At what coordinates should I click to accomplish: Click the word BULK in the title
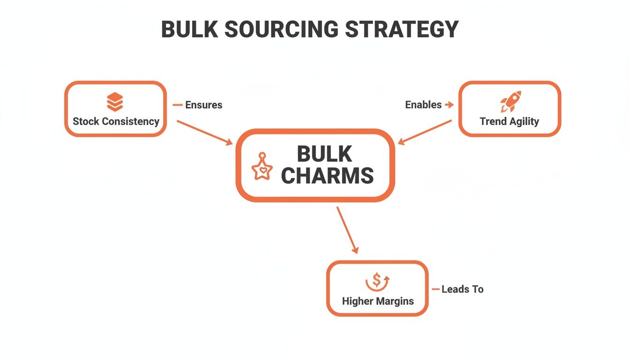click(189, 30)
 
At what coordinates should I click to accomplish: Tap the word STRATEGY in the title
click(402, 30)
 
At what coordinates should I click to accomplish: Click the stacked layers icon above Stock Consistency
click(115, 102)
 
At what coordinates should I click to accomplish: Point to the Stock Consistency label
click(116, 121)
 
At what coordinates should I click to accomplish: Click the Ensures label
click(203, 105)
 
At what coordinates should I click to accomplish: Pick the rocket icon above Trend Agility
click(510, 102)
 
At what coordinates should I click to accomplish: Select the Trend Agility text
click(509, 121)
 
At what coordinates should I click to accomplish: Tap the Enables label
click(423, 105)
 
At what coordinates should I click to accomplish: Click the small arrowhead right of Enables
click(450, 105)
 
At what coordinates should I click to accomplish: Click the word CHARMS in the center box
click(327, 176)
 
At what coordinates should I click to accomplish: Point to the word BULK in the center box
click(324, 154)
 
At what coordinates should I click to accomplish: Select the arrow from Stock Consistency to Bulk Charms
click(204, 132)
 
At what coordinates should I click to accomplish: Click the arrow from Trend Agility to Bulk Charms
click(425, 131)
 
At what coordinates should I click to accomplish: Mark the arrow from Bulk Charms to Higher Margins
click(347, 230)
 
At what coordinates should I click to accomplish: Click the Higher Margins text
click(378, 301)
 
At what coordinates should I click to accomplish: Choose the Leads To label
click(462, 289)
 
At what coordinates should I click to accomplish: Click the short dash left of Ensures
click(178, 105)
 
